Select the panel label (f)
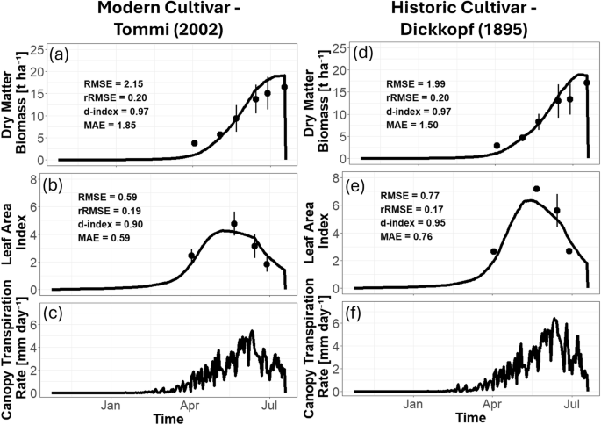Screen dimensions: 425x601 click(x=364, y=311)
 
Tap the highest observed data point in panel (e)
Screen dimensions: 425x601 click(x=536, y=189)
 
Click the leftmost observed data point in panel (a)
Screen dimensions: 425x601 click(x=195, y=143)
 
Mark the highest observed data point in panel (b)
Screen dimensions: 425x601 click(x=234, y=224)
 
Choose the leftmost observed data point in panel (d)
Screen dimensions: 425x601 click(x=497, y=146)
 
